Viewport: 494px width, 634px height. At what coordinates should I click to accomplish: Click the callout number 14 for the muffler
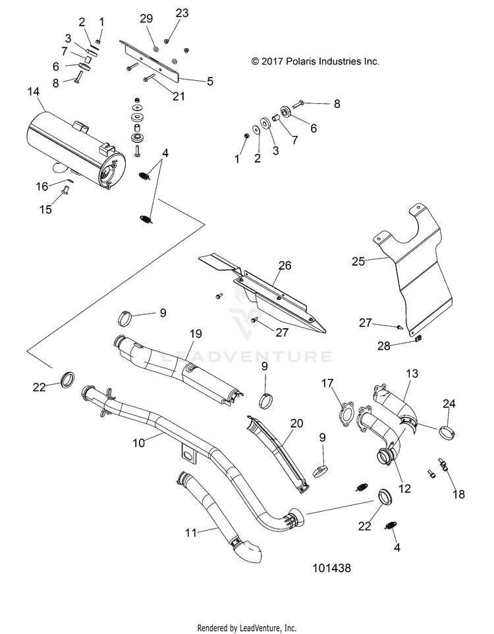coord(33,92)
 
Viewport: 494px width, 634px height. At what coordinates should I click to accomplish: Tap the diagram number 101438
coord(331,568)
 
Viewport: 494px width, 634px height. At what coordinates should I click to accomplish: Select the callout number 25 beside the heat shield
coord(358,261)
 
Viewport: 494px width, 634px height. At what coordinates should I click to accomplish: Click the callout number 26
coord(285,265)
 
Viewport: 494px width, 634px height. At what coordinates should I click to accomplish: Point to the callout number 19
coord(196,334)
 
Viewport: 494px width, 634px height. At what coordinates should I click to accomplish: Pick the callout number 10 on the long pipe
coord(138,443)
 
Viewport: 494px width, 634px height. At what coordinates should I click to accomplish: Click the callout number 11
coord(191,533)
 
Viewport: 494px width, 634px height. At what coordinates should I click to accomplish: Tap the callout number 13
coord(412,374)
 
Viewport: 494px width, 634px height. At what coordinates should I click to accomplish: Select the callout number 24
coord(449,404)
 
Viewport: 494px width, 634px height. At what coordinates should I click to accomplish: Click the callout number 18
coord(459,494)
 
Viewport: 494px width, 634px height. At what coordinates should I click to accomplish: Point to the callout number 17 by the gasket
coord(327,383)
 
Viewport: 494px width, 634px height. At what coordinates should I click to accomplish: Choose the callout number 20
coord(297,424)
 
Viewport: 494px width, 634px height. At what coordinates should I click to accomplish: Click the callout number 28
coord(384,346)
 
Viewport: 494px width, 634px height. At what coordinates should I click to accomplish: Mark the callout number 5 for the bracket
coord(210,82)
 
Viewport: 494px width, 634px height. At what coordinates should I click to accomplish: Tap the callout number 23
coord(182,13)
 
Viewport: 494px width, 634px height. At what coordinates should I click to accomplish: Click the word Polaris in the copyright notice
coord(301,61)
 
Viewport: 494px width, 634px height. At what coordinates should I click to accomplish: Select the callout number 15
coord(45,209)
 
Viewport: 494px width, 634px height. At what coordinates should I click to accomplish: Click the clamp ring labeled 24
coord(447,433)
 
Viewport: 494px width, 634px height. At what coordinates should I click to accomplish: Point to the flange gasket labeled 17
coord(345,413)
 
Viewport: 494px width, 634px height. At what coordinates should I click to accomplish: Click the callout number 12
coord(404,489)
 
